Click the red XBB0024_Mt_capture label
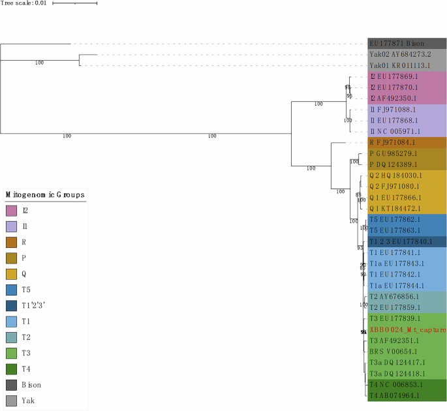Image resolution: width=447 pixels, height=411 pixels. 408,330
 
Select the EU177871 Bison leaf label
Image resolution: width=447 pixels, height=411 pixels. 397,43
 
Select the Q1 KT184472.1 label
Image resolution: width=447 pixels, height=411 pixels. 396,208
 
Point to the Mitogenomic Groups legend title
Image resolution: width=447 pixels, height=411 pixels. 45,194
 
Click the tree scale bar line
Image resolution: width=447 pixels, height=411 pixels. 74,3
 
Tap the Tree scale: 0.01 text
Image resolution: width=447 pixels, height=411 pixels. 23,3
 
